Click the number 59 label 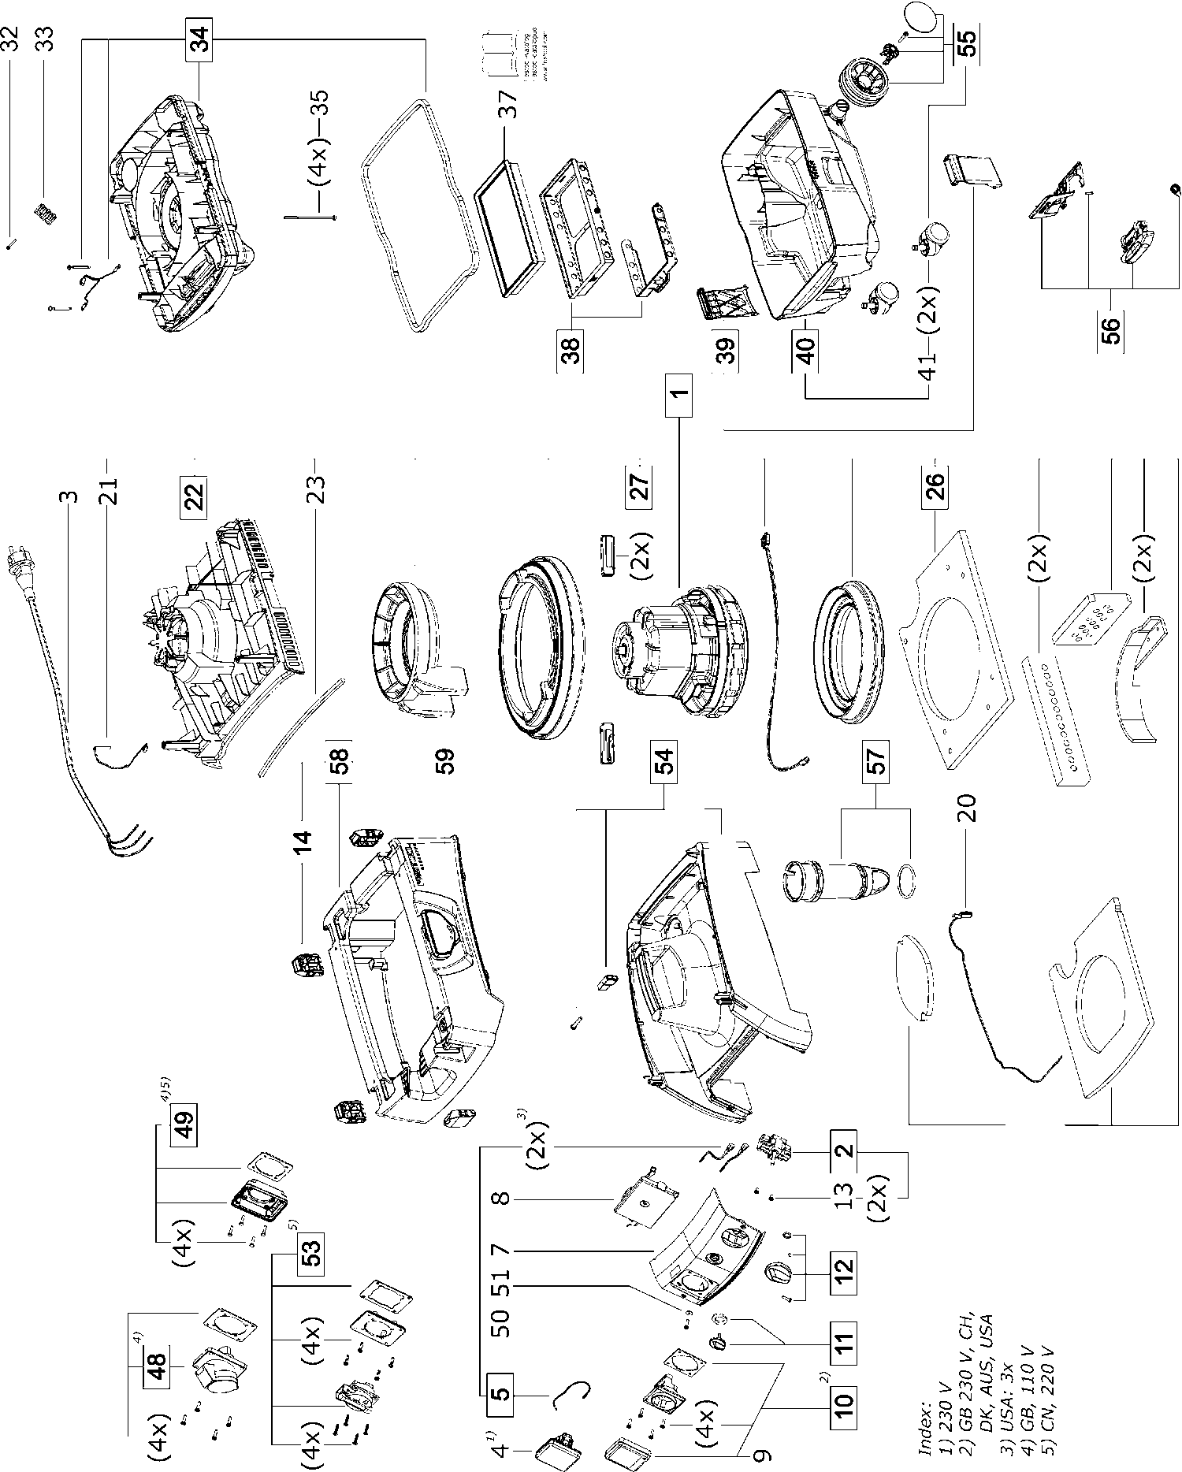click(447, 762)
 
